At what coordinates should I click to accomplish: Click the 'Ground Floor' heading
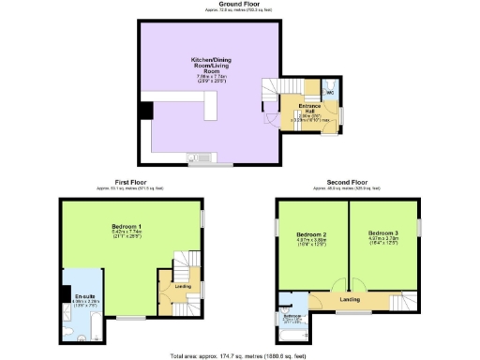coord(239,4)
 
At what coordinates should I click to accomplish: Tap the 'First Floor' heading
coord(128,182)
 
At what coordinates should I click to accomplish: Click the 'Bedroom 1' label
coord(127,227)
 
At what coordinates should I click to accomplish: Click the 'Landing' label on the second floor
coord(351,299)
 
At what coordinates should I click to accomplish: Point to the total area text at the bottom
coord(239,356)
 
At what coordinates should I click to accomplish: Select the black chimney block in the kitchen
coord(146,111)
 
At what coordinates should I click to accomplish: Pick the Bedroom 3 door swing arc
coord(357,287)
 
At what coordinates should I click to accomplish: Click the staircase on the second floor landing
coord(403,302)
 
